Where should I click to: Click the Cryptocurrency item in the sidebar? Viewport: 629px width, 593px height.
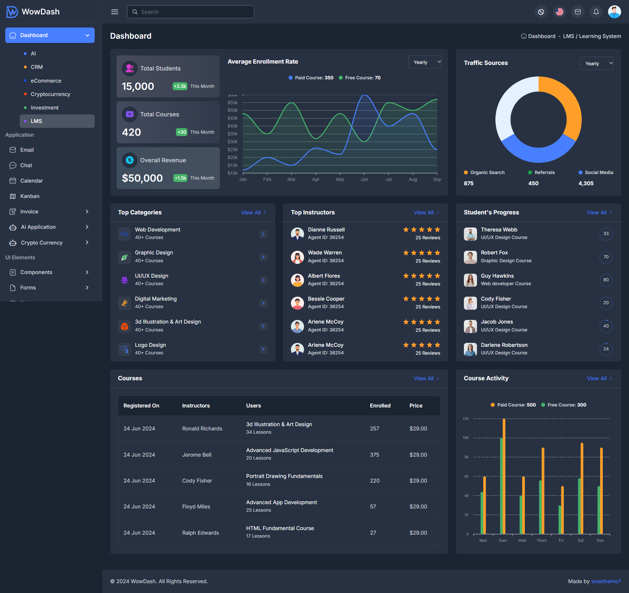click(50, 94)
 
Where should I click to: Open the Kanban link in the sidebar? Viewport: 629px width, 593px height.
click(29, 196)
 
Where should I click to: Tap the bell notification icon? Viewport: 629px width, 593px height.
click(596, 12)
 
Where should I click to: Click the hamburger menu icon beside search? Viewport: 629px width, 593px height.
click(115, 12)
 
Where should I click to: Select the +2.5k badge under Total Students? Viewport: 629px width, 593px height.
click(180, 86)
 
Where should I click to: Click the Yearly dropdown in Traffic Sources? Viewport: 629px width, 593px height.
click(596, 63)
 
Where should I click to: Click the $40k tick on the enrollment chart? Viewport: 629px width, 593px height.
click(233, 126)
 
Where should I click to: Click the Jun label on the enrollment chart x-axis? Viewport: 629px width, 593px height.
click(364, 179)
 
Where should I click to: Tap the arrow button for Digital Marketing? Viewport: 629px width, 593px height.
click(263, 303)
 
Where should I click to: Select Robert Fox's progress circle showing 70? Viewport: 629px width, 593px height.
click(606, 257)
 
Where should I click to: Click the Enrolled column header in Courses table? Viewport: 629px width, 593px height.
click(380, 405)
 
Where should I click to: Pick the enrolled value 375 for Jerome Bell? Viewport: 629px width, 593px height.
click(374, 455)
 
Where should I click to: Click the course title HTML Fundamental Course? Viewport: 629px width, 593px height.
click(280, 528)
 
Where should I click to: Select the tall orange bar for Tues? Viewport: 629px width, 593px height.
click(504, 475)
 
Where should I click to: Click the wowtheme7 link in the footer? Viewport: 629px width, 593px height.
click(606, 581)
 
